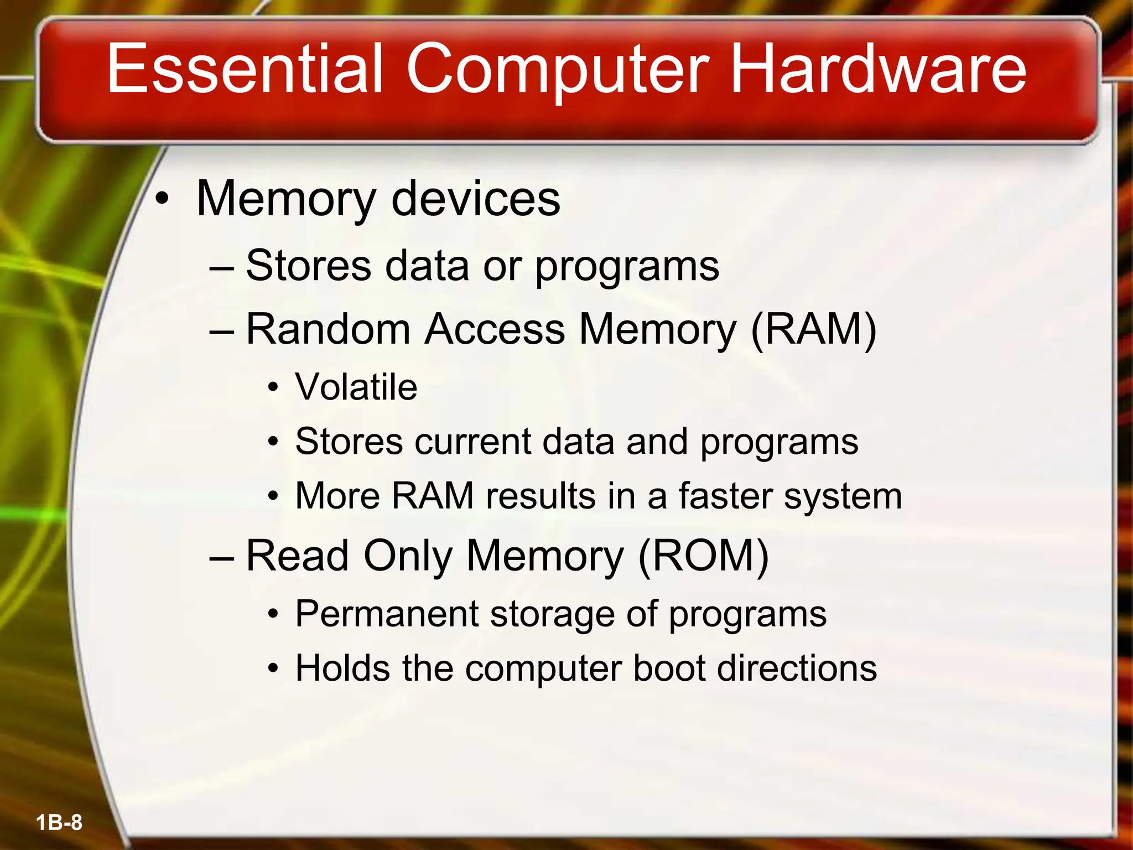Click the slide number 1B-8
59,822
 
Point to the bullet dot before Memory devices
161,200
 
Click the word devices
476,199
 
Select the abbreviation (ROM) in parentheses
703,556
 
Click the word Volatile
356,387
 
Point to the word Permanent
387,614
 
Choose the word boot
669,668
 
